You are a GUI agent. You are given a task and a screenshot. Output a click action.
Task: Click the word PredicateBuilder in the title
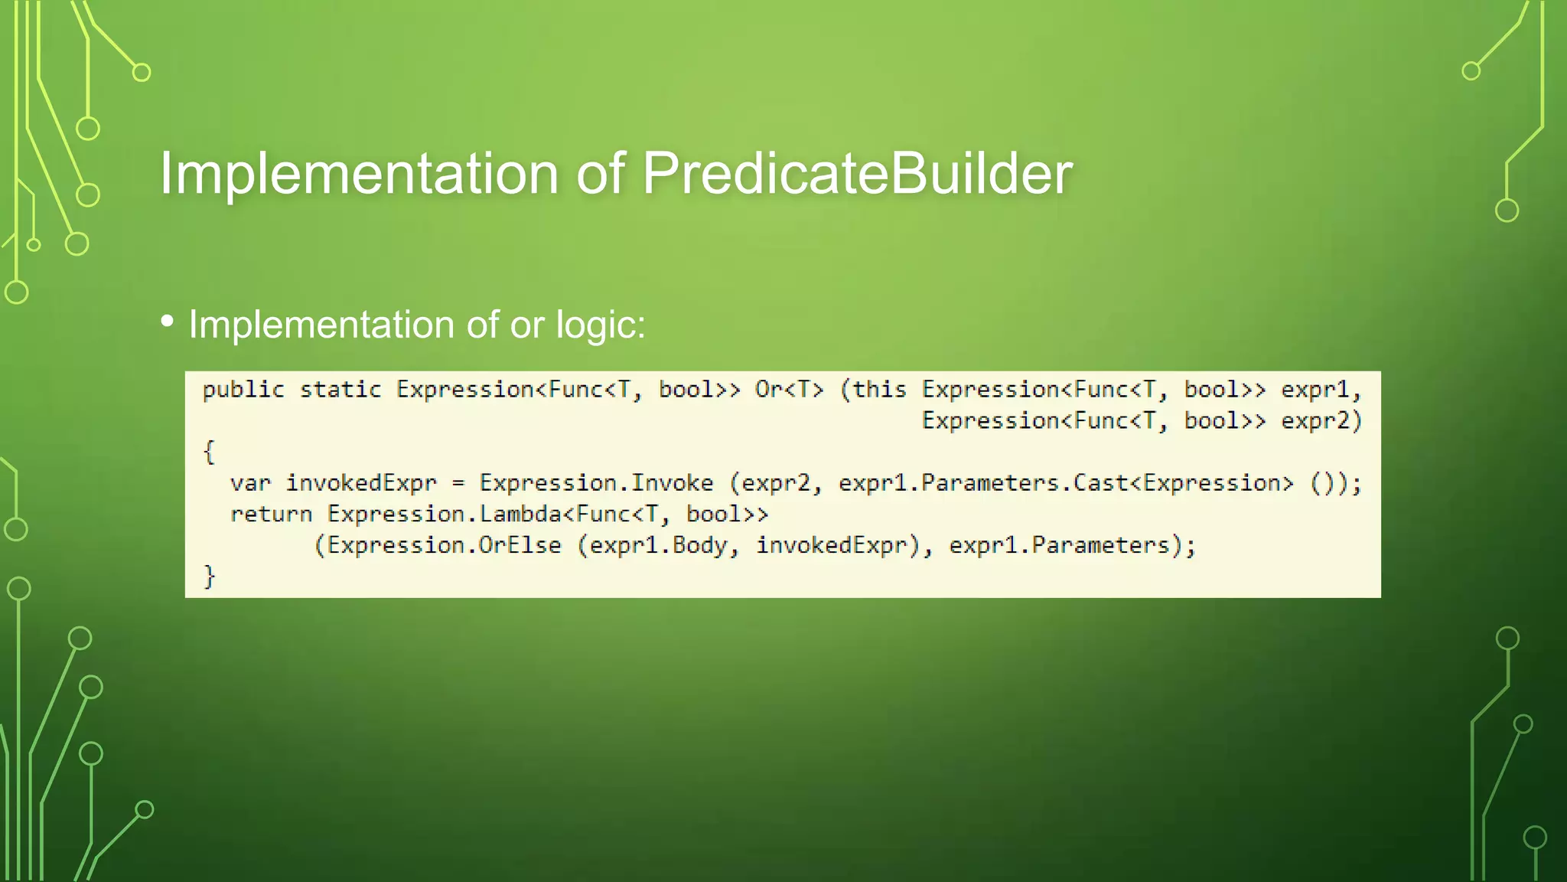[x=857, y=174]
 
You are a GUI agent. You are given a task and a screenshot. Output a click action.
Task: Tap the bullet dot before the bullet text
[x=168, y=322]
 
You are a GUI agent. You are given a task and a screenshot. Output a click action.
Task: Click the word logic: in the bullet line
[x=601, y=325]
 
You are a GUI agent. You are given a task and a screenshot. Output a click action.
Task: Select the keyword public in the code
[x=243, y=390]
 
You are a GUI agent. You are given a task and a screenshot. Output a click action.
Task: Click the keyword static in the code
[x=340, y=390]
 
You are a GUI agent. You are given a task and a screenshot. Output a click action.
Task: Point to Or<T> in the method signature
[x=789, y=390]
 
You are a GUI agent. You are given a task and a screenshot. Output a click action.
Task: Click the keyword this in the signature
[x=879, y=390]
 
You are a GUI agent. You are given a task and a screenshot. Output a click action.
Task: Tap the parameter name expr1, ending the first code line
[x=1321, y=390]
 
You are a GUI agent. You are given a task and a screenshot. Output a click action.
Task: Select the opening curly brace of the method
[x=209, y=452]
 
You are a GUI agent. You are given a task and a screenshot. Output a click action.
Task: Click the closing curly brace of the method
[x=209, y=576]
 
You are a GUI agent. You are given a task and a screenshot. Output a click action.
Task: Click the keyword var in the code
[x=250, y=483]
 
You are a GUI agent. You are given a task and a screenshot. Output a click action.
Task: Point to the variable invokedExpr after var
[x=360, y=483]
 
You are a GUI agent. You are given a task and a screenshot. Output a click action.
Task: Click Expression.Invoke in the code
[x=596, y=483]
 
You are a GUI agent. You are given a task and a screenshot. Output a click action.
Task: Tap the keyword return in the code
[x=271, y=514]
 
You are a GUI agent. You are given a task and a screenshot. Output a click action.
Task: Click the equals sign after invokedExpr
[x=458, y=484]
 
